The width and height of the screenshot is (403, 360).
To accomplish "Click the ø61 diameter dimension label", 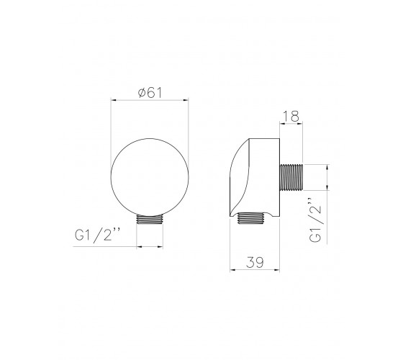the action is coord(150,93).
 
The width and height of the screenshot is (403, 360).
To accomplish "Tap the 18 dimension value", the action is coord(291,116).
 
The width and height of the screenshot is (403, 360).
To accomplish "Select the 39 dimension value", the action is coord(255,262).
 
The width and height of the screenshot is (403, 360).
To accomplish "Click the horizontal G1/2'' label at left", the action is coord(97,234).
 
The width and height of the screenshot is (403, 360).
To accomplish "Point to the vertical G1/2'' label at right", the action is coord(315,220).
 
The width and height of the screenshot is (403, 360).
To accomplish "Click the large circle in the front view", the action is coord(111,177).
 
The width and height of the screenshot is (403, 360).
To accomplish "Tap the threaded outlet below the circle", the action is coord(150,220).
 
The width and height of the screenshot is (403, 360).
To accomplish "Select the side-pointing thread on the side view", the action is coord(291,177).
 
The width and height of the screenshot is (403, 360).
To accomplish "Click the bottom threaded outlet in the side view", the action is coord(251,218).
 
